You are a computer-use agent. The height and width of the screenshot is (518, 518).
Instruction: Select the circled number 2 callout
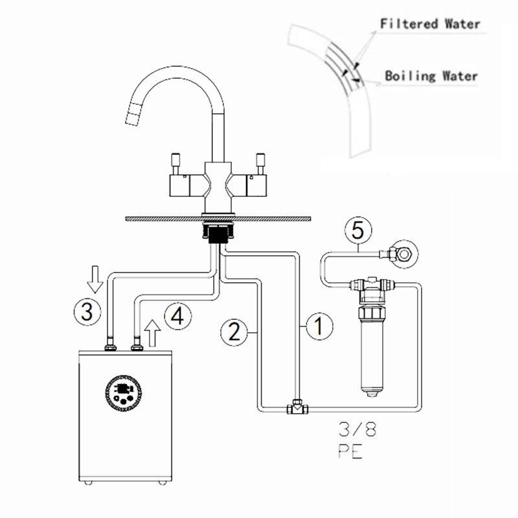click(x=233, y=332)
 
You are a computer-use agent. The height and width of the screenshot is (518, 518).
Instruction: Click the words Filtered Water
click(x=430, y=24)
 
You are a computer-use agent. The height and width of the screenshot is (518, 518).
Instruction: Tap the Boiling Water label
click(x=431, y=76)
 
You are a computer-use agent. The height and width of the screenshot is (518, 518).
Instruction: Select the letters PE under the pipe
click(x=347, y=451)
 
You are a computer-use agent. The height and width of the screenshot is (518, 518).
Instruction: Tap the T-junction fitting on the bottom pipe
click(x=297, y=408)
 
